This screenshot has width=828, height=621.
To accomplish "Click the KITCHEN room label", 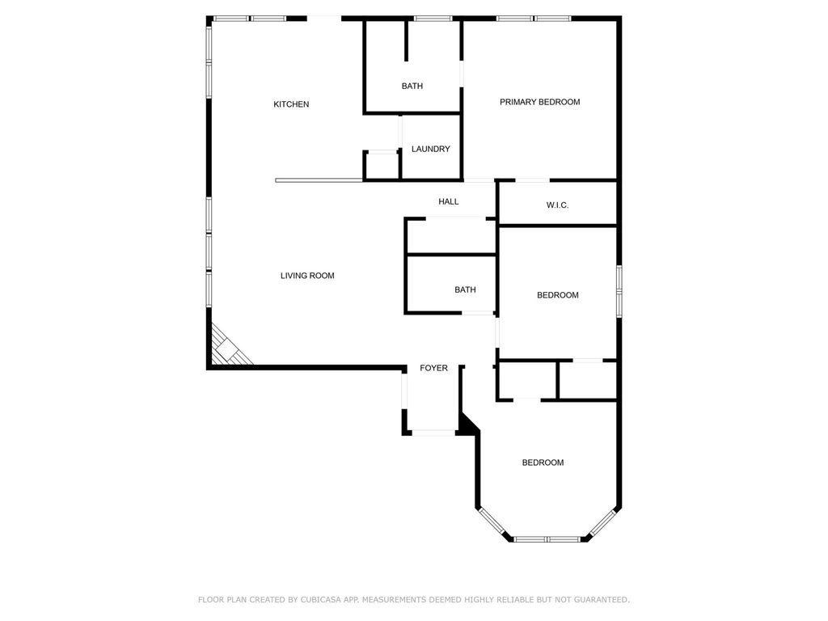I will (x=291, y=104).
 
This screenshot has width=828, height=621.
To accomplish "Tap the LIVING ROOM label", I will (x=307, y=276).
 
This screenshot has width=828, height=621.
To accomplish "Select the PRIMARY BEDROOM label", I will (x=539, y=102).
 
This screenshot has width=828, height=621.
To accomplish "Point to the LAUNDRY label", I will (x=430, y=149).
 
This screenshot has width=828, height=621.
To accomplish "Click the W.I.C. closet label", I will (x=557, y=205).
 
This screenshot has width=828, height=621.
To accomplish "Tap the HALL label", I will (x=449, y=201).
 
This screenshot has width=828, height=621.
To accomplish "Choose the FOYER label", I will (x=433, y=368).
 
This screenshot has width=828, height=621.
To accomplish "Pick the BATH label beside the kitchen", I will (x=412, y=86).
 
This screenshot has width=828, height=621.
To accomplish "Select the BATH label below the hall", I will (x=465, y=289).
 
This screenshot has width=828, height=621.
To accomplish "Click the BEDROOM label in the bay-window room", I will (x=543, y=463).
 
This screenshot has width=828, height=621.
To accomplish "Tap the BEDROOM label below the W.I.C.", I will (x=558, y=295).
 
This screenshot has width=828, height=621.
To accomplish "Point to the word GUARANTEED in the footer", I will (x=598, y=600).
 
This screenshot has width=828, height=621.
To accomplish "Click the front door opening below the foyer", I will (x=433, y=433).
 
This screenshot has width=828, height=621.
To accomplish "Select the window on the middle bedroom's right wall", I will (x=619, y=289).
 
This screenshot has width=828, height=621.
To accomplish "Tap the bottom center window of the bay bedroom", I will (x=547, y=539).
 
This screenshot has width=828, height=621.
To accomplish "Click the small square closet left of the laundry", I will (x=382, y=165).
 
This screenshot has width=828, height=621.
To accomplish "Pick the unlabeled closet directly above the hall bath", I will (x=450, y=236).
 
